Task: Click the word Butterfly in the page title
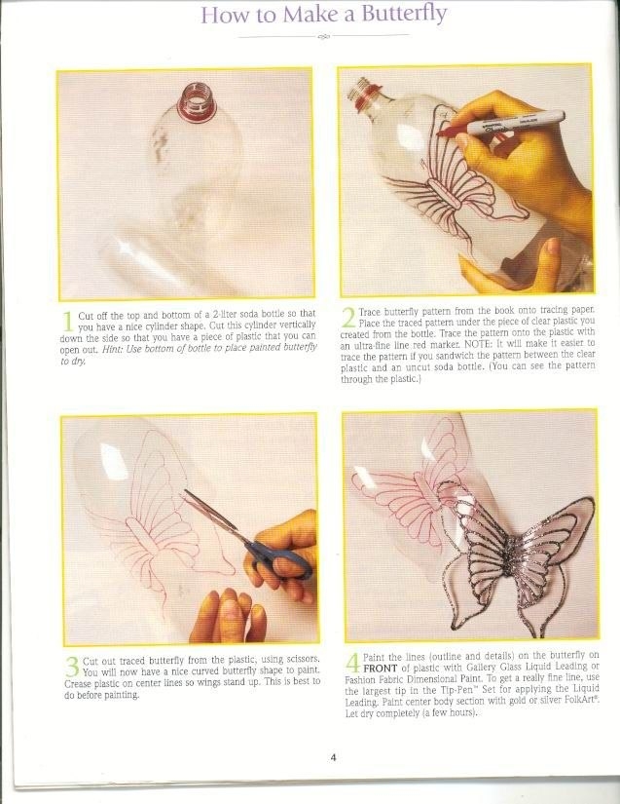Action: [404, 15]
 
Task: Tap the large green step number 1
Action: [67, 321]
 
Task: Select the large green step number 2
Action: [348, 318]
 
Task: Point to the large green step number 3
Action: [73, 667]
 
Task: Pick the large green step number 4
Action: [353, 663]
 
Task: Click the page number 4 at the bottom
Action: [333, 757]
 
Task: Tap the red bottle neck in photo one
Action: [197, 104]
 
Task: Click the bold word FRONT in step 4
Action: [381, 669]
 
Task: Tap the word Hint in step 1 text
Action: [112, 348]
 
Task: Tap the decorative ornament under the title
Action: [324, 36]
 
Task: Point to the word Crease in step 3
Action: [77, 684]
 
